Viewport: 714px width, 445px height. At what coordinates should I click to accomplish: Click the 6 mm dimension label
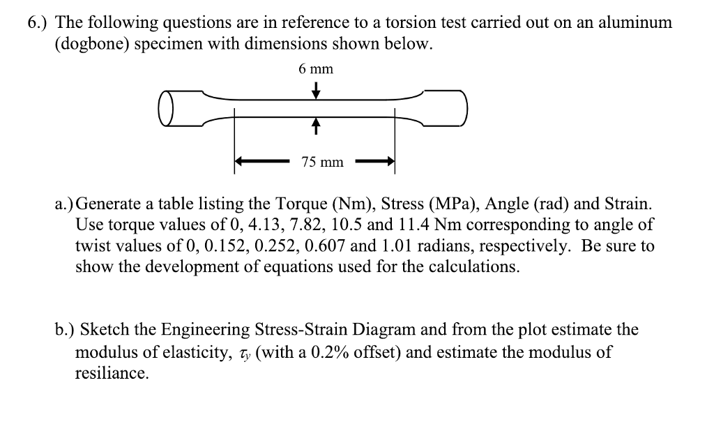point(315,68)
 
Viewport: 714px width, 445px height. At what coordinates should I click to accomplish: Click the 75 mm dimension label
point(322,163)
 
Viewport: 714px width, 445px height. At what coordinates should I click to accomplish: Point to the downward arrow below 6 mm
point(315,91)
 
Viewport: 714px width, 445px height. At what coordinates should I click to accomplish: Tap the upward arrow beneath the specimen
point(315,126)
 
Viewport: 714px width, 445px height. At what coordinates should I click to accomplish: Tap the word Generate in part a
point(113,205)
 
